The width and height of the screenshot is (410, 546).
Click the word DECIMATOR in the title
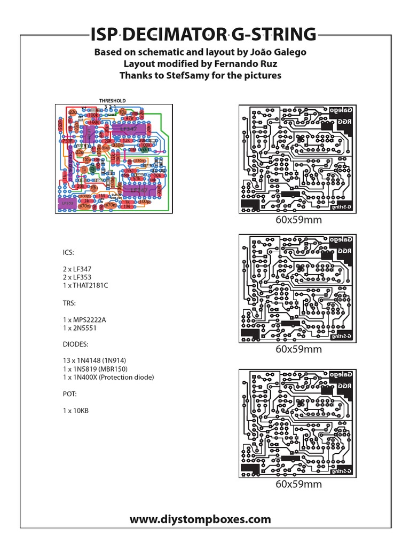point(174,35)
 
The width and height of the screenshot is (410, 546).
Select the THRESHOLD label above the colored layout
point(112,100)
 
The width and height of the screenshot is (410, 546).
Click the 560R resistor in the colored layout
point(60,127)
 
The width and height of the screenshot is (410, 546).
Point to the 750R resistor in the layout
point(68,141)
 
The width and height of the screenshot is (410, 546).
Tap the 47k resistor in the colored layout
point(129,118)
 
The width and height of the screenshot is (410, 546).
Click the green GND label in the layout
point(111,115)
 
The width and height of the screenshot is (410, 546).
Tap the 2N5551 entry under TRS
point(80,328)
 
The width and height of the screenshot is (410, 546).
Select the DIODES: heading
point(74,344)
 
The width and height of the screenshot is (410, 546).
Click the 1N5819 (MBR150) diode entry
point(97,368)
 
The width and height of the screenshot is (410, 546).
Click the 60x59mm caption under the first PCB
point(298,220)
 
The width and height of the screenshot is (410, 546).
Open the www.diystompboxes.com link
point(200,519)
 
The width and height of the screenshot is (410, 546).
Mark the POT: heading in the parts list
point(69,394)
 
